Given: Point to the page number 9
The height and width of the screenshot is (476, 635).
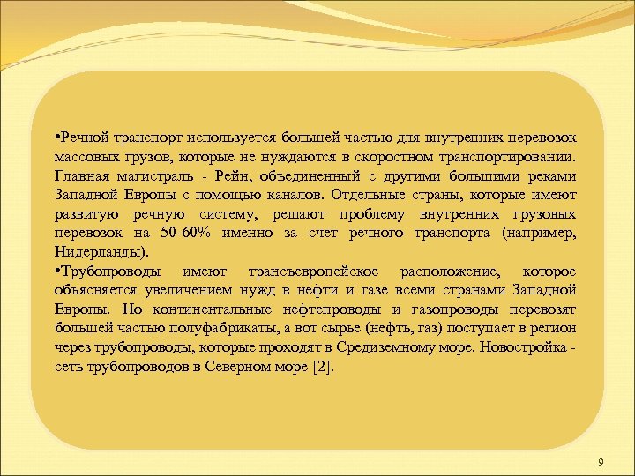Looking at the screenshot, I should tap(601, 463).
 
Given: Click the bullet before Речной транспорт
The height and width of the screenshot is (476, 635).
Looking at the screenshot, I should tap(56, 138).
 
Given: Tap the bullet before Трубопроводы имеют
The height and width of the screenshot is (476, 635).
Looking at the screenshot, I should tap(56, 271).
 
